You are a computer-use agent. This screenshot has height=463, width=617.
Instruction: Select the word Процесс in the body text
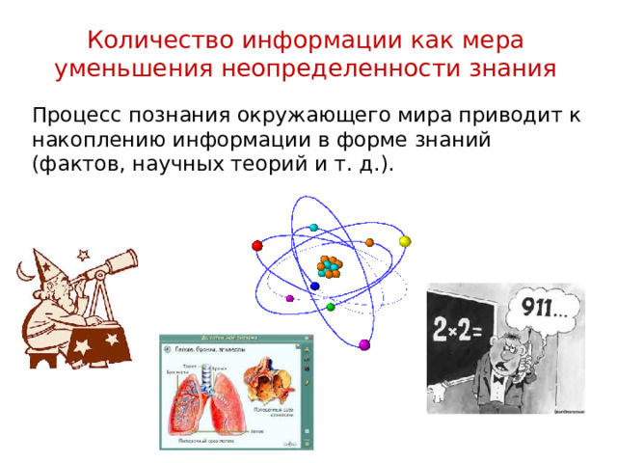tap(73, 116)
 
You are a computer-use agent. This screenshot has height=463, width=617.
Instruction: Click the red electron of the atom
tap(257, 245)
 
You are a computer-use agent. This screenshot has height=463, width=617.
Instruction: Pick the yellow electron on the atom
tap(405, 241)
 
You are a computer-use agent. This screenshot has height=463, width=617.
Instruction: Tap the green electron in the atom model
tap(331, 307)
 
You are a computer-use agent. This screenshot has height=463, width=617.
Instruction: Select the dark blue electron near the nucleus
tap(315, 286)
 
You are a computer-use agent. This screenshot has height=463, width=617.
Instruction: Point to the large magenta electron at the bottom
tap(364, 344)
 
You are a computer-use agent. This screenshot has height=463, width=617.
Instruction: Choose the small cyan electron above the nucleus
tap(313, 228)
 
